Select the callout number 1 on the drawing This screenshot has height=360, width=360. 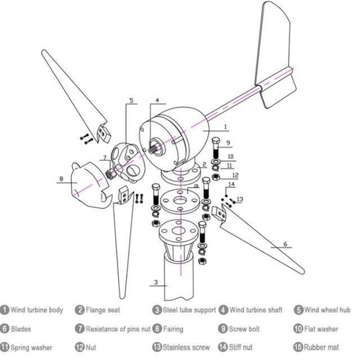pos(225,127)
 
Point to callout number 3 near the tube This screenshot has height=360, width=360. pos(156,282)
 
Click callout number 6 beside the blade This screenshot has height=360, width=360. pos(285,245)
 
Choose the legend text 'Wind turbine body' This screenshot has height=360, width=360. pos(38,310)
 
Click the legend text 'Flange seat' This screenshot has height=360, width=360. pos(107,310)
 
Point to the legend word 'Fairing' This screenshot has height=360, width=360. pos(173,329)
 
